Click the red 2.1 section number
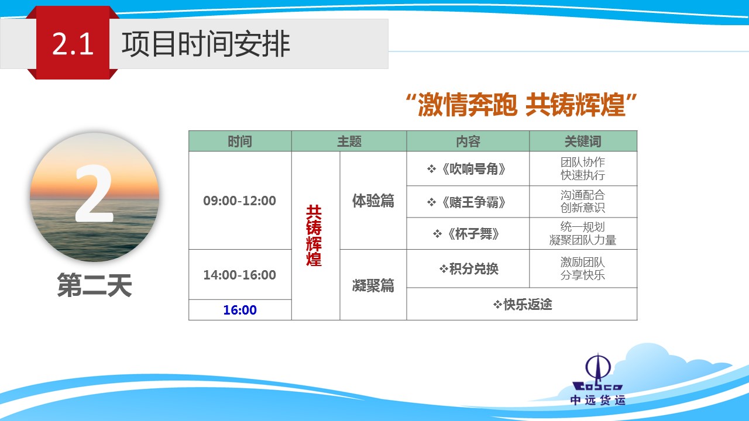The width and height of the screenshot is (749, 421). point(73,44)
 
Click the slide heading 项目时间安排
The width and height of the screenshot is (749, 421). point(205,44)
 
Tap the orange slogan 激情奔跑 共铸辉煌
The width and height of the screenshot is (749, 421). point(521,105)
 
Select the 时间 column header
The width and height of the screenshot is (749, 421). point(240,142)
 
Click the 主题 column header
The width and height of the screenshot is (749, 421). point(349,142)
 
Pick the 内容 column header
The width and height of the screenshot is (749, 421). point(468,142)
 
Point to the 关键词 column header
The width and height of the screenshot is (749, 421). point(583,142)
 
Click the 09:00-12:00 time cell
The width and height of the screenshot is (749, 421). point(240,201)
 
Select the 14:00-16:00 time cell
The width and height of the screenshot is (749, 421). point(240,275)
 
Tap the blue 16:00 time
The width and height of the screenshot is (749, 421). point(240,310)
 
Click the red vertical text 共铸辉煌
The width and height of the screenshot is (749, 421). point(314,236)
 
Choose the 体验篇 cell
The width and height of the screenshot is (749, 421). point(373,201)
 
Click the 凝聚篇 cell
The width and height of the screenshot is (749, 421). point(373,285)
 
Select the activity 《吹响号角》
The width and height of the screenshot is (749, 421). point(467,169)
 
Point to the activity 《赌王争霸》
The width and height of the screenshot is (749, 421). point(467,202)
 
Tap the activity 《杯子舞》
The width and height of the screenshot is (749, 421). point(467,234)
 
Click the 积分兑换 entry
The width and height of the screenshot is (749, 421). point(469,268)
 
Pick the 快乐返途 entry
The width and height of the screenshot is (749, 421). point(523,305)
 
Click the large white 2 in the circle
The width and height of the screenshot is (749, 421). point(94,194)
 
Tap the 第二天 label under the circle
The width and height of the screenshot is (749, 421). point(94,285)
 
